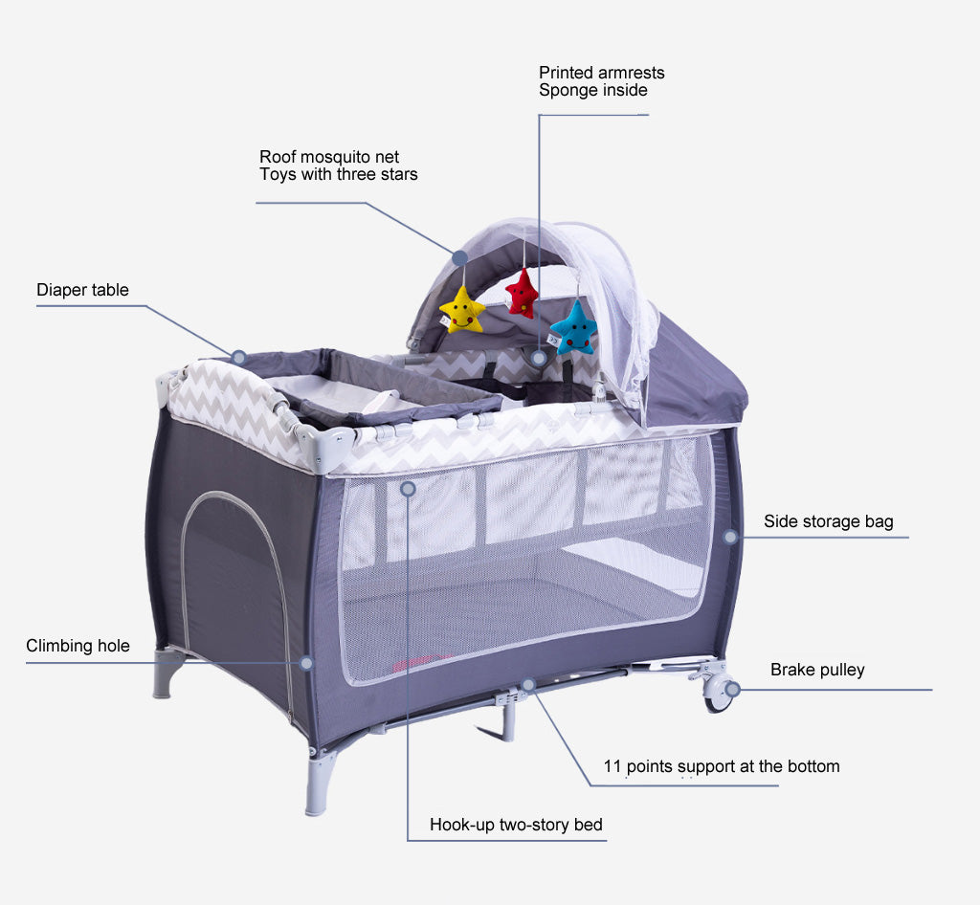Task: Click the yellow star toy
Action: (x=461, y=310)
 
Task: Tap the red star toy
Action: (x=522, y=294)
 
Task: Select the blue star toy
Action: (x=573, y=328)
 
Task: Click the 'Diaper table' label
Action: (x=82, y=290)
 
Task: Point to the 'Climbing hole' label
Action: (x=78, y=646)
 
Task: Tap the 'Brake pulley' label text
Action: (x=817, y=670)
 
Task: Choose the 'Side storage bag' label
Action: (x=828, y=521)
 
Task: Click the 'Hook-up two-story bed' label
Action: (x=516, y=825)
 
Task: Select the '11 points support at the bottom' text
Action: (x=722, y=766)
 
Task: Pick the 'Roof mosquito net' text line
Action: (x=329, y=157)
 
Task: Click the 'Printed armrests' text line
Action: (x=601, y=73)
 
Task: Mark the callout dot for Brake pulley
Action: (x=732, y=689)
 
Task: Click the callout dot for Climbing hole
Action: (x=306, y=662)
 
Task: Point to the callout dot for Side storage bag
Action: (x=730, y=537)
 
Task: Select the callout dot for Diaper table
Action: (x=239, y=358)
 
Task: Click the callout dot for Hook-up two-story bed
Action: (x=408, y=488)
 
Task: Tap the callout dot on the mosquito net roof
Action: (x=460, y=257)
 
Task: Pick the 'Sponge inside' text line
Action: (x=592, y=91)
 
